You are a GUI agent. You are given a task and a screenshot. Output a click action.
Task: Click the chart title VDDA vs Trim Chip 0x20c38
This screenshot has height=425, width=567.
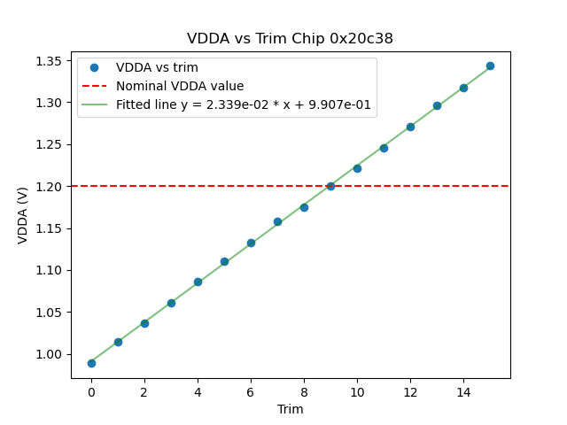coord(290,39)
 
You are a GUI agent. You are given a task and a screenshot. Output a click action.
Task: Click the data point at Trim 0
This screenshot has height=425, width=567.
coord(91,363)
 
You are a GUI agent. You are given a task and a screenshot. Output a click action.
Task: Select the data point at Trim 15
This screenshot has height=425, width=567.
coord(490,66)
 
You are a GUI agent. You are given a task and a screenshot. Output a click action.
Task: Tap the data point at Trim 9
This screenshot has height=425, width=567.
coord(330,186)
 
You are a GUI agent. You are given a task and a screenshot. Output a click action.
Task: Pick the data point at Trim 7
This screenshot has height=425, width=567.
coord(277,221)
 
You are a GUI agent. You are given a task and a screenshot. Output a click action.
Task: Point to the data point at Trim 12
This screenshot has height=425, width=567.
coord(410,127)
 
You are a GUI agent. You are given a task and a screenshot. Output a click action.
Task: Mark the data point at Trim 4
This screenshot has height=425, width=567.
coord(198,282)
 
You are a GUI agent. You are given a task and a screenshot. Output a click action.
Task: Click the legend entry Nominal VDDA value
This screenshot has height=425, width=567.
coord(180,86)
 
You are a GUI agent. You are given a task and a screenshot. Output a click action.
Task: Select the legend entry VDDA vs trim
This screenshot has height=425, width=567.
coord(157,68)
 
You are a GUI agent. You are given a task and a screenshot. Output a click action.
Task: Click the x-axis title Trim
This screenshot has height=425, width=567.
coord(290,409)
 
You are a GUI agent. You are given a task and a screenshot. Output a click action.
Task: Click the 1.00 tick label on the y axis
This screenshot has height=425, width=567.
coord(48,354)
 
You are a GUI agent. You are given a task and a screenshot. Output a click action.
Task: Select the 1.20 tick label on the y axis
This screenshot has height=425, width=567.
coord(48,187)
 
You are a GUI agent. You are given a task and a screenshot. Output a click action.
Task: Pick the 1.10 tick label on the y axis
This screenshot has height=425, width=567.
coord(48,270)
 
